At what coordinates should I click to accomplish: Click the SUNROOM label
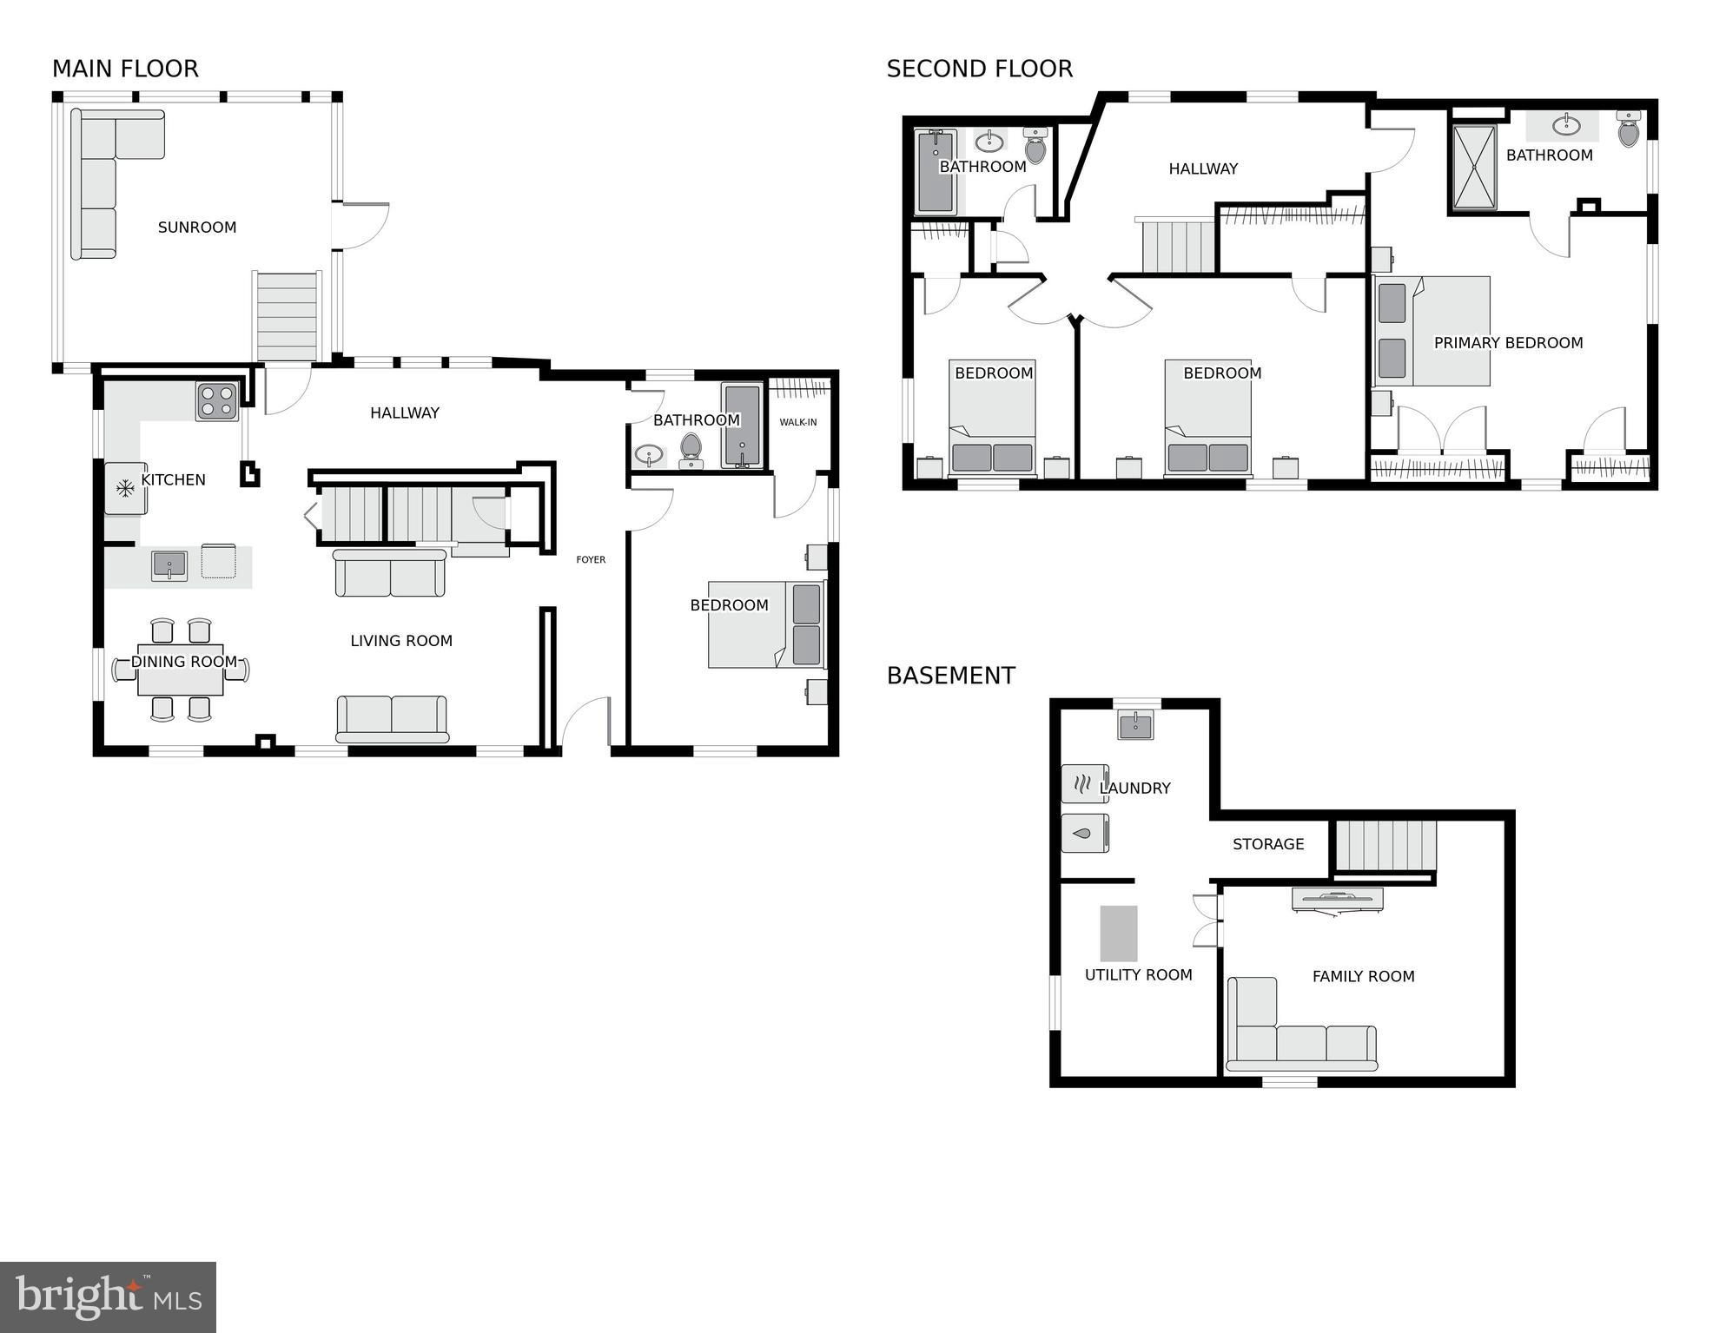[x=197, y=228]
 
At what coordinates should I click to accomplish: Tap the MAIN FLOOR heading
[x=125, y=69]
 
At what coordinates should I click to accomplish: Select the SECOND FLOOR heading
[x=979, y=69]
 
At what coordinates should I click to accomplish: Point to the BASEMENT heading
[x=950, y=676]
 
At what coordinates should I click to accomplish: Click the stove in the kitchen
[x=216, y=401]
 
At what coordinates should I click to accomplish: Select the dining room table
[x=181, y=670]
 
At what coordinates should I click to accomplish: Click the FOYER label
[x=591, y=560]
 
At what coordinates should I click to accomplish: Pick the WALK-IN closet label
[x=797, y=423]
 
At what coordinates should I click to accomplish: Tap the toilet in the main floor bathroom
[x=691, y=448]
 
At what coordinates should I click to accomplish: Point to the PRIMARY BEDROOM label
[x=1508, y=343]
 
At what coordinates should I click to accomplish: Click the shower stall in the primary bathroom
[x=1474, y=168]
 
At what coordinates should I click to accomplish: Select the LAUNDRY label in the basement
[x=1135, y=789]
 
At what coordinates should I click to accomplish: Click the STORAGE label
[x=1268, y=844]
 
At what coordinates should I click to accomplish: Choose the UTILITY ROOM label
[x=1138, y=975]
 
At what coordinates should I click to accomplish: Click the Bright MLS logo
[x=108, y=1297]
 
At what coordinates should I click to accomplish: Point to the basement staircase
[x=1385, y=845]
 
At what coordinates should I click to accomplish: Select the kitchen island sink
[x=169, y=566]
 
